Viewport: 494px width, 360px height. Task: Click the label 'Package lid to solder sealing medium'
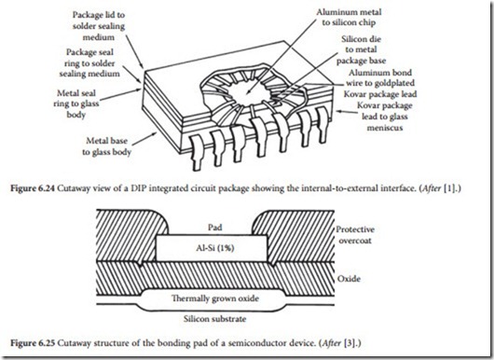(99, 26)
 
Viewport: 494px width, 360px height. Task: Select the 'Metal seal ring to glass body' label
(76, 104)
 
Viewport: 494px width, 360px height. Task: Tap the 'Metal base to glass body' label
(106, 146)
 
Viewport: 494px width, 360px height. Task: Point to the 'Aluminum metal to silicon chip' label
(349, 18)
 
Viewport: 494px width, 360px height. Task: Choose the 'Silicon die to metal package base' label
(361, 49)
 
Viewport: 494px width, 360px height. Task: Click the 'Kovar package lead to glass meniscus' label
(385, 117)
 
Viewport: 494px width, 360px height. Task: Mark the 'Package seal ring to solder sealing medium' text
(89, 62)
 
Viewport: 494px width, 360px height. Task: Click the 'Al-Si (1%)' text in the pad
(215, 248)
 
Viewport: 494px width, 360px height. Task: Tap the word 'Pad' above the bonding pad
(215, 228)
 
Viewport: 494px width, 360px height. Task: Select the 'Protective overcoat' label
(355, 235)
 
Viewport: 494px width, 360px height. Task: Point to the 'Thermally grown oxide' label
(215, 298)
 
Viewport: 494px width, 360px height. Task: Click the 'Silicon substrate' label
(215, 319)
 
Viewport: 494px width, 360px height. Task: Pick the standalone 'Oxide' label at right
(349, 279)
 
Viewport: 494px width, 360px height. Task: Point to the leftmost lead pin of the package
(197, 152)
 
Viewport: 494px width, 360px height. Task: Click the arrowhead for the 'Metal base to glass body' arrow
(155, 133)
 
